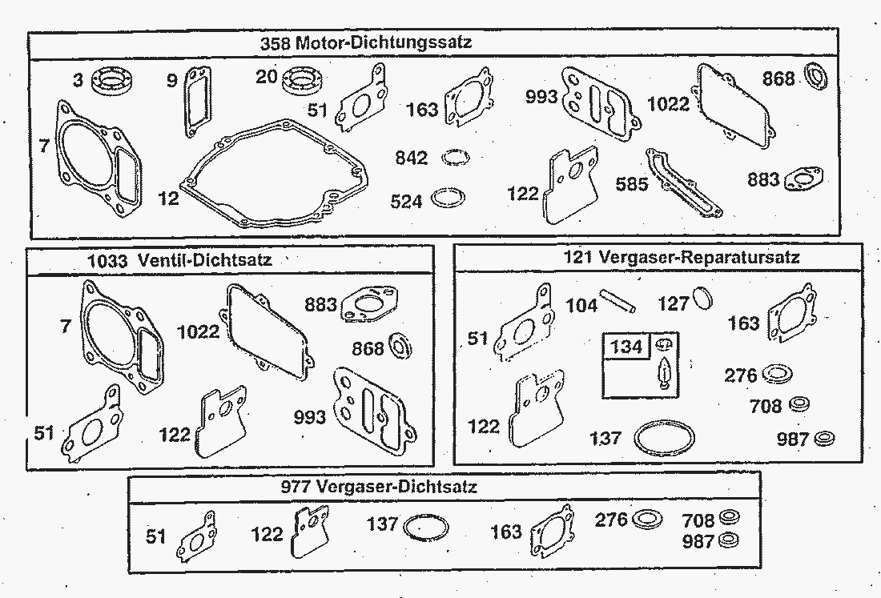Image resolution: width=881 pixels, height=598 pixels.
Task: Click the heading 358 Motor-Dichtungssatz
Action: [x=366, y=42]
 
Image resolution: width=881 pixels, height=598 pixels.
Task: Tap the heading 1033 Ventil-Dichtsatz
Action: [x=179, y=260]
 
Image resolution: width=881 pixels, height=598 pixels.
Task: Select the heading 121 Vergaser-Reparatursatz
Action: [x=681, y=258]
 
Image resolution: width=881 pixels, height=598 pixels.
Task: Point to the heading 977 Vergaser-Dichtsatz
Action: [x=379, y=486]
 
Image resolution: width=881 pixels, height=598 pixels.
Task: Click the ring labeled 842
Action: [x=456, y=158]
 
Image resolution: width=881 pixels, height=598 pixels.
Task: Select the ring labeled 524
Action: [x=448, y=199]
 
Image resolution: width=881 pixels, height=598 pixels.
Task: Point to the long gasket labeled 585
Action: [x=683, y=183]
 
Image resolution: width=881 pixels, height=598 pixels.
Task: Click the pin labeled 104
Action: [x=618, y=300]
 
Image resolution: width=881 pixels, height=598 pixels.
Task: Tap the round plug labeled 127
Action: [x=702, y=298]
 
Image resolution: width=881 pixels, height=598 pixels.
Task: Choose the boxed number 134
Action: [x=626, y=347]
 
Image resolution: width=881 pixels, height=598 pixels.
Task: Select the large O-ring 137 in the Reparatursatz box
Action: [x=664, y=438]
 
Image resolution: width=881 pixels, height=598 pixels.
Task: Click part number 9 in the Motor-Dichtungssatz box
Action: [x=172, y=81]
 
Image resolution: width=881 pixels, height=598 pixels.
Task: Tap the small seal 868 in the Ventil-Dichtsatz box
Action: [x=400, y=345]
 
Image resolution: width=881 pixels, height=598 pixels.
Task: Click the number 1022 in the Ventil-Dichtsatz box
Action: [x=198, y=332]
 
